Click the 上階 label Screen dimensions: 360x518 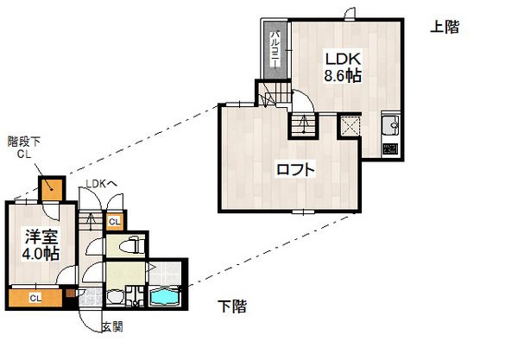444,28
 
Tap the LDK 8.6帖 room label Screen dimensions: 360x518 342,66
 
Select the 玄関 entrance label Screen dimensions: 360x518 111,327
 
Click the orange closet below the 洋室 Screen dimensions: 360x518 35,298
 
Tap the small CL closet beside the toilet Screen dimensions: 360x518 114,222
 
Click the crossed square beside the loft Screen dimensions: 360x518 351,127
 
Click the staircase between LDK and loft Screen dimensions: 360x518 302,124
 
